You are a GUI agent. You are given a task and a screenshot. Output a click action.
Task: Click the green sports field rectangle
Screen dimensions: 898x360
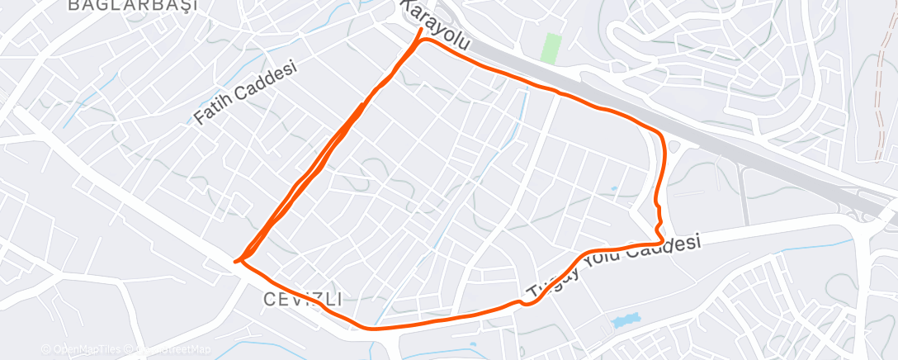(x=551, y=48)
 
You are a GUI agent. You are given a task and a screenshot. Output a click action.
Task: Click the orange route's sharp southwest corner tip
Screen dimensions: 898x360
(x=236, y=262)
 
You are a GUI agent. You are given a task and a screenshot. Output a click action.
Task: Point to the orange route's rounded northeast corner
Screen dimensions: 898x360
(x=659, y=134)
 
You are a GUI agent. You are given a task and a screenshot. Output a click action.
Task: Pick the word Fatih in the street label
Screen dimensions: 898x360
(x=212, y=109)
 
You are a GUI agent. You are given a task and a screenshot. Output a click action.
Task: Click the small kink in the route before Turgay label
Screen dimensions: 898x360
(x=522, y=303)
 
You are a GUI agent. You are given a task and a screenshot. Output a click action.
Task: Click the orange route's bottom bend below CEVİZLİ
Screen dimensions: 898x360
(x=367, y=326)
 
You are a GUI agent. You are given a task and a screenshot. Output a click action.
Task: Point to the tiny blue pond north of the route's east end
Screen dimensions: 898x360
(x=614, y=188)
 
